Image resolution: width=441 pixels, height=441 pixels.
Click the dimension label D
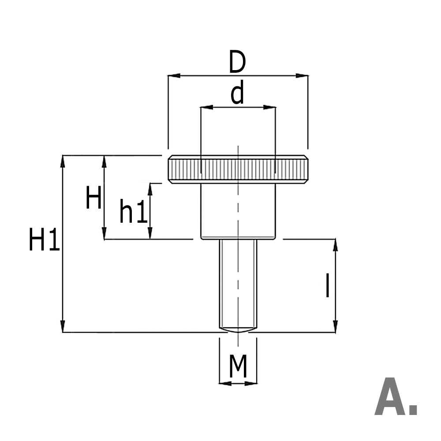[237, 63]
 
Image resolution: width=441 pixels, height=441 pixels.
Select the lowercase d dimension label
[237, 94]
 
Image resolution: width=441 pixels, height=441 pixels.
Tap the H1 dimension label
[44, 241]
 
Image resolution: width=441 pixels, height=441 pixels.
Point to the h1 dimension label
[133, 213]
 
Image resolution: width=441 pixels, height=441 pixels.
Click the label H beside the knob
[93, 198]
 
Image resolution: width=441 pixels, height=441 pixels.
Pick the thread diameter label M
[238, 367]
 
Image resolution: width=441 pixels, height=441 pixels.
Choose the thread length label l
[327, 286]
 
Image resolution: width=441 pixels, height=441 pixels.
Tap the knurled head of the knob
[238, 169]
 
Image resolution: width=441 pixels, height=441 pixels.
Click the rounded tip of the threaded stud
[238, 329]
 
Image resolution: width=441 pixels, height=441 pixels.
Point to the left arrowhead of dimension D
[173, 76]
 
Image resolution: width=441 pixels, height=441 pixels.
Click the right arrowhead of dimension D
[302, 76]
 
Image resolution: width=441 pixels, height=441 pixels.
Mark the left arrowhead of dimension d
[206, 107]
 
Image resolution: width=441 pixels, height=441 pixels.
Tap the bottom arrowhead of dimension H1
[63, 326]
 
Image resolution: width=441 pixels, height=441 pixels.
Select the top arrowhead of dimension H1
[63, 161]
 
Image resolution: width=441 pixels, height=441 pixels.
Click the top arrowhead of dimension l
[335, 245]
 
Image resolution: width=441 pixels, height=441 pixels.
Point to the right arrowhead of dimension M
[252, 383]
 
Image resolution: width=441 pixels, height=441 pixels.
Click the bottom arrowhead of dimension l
[335, 326]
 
